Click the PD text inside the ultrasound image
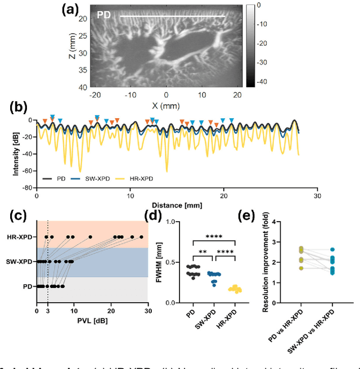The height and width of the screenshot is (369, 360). click(103, 15)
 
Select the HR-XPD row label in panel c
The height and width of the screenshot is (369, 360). click(21, 237)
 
